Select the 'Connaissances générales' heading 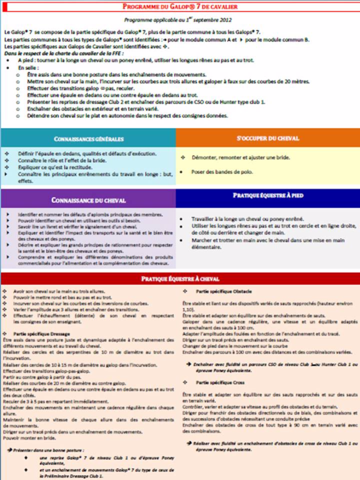pyautogui.click(x=88, y=138)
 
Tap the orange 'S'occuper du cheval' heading pyautogui.click(x=268, y=138)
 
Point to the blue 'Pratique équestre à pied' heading pyautogui.click(x=268, y=195)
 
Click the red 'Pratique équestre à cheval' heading pyautogui.click(x=180, y=279)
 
